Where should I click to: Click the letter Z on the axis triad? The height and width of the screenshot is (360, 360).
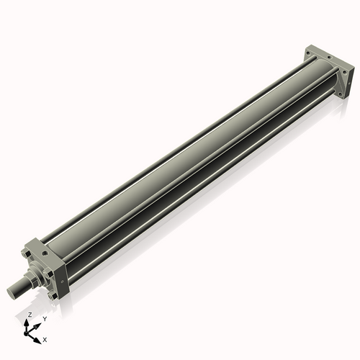(30, 315)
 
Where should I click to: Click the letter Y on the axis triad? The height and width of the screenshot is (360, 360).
(45, 319)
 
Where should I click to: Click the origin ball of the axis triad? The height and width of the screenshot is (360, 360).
(26, 334)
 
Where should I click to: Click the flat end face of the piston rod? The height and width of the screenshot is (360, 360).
(11, 292)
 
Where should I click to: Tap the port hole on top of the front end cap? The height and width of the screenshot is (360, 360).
(45, 253)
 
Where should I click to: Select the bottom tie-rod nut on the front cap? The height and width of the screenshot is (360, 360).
(54, 296)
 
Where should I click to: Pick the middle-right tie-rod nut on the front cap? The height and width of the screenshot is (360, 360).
(50, 274)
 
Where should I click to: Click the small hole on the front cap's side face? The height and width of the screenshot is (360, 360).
(63, 282)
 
